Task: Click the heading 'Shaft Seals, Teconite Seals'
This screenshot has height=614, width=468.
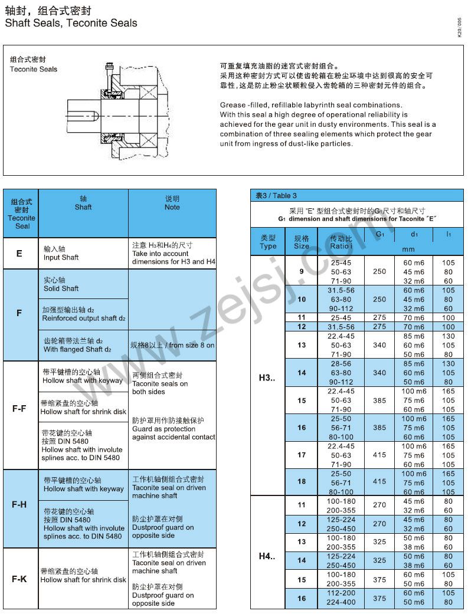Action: point(71,24)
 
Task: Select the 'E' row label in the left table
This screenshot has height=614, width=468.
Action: point(19,254)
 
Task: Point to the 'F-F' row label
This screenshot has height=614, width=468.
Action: point(19,407)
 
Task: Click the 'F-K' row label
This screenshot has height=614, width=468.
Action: point(19,579)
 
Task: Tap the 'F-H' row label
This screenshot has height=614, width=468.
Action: point(19,505)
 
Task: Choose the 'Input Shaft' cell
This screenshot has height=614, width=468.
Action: point(61,254)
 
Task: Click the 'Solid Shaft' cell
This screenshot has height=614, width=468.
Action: point(61,284)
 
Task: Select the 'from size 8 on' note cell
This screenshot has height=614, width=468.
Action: point(172,345)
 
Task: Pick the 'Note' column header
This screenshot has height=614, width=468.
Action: point(172,203)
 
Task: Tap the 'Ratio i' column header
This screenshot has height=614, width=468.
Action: point(341,242)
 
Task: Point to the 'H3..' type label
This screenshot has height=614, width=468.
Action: point(267,377)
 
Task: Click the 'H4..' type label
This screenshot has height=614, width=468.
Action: point(267,556)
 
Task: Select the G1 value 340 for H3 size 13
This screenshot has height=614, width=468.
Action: point(379,345)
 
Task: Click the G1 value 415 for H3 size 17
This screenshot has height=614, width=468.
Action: point(379,455)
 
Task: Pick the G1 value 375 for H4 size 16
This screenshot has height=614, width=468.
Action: point(379,598)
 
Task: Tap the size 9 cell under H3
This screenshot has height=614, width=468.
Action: point(302,271)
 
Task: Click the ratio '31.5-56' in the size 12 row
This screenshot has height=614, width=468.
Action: point(341,327)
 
